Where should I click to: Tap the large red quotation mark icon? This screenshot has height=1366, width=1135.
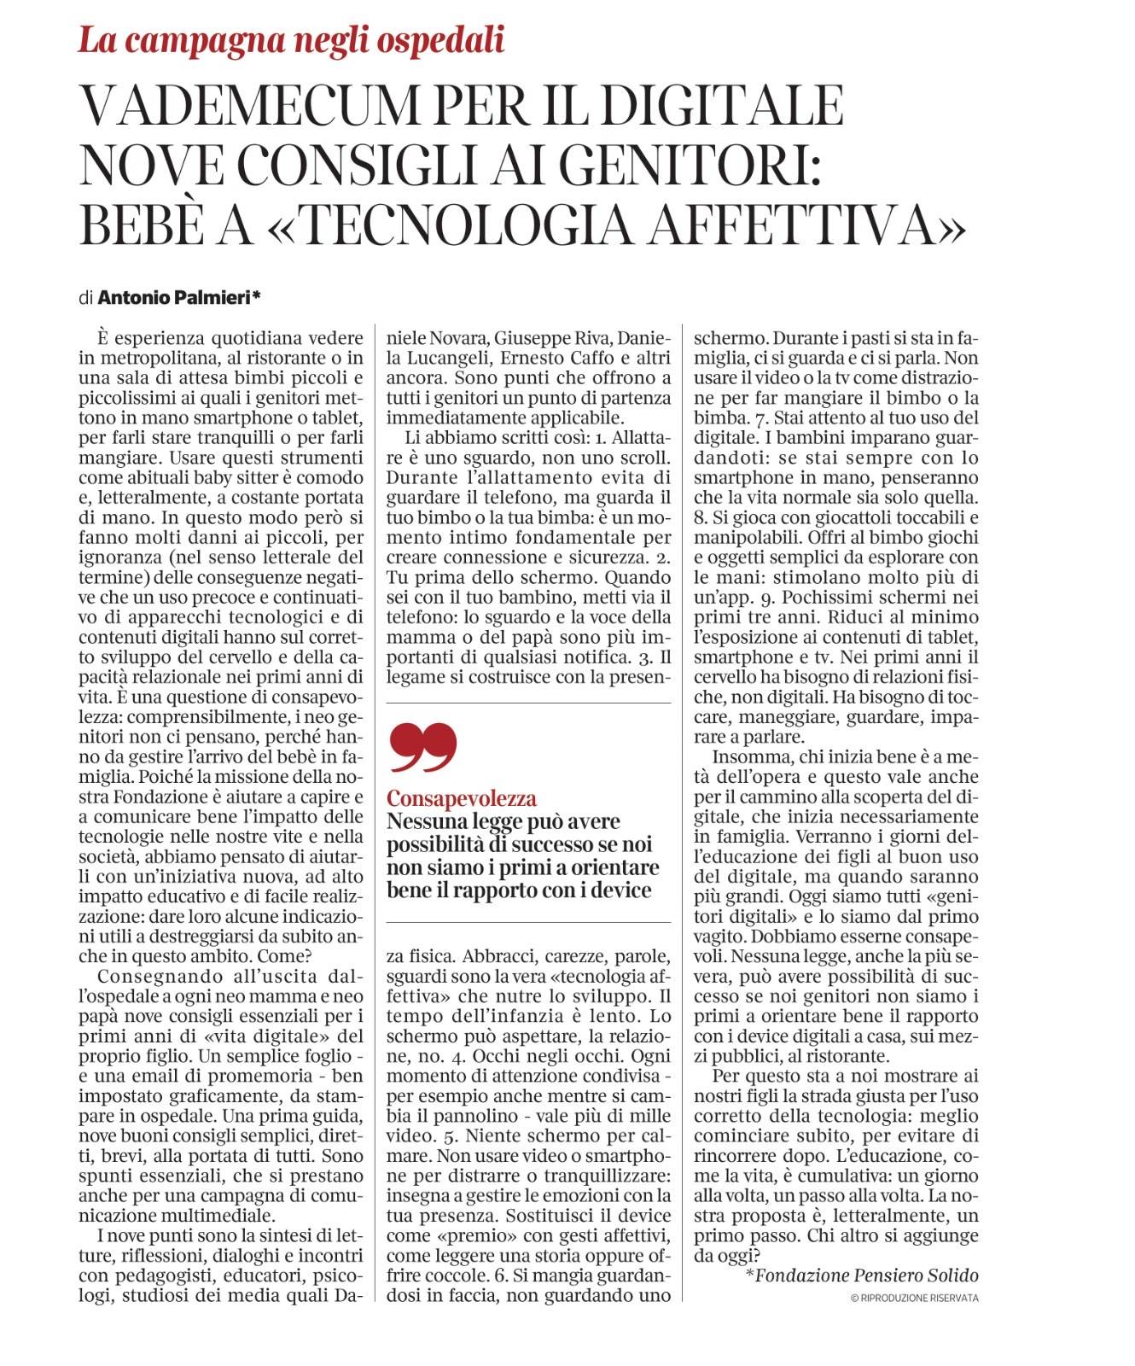[422, 745]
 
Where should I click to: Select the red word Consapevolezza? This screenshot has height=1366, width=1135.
[462, 798]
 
